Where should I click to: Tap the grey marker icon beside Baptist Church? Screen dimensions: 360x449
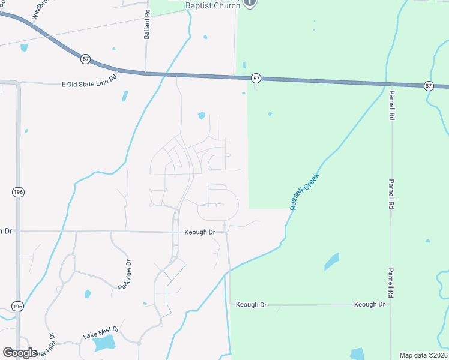point(251,3)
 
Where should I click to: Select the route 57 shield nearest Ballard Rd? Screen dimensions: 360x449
point(86,59)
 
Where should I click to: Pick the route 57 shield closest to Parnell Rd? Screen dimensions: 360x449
point(428,86)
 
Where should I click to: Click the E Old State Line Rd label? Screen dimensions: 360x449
point(89,85)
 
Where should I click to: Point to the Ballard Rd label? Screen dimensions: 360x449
point(147,25)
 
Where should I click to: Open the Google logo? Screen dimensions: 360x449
point(20,353)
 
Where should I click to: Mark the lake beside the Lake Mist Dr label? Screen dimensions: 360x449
point(104,343)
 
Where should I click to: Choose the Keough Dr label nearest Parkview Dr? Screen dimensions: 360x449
point(200,232)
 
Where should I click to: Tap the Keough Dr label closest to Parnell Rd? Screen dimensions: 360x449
point(369,304)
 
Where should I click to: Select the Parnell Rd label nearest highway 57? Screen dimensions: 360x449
point(391,106)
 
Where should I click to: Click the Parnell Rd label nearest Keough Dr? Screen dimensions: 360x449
point(391,283)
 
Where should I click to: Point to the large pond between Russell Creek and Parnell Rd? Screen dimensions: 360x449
point(331,261)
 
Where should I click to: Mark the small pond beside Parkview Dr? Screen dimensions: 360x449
point(88,294)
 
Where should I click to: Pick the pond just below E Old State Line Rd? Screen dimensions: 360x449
point(125,96)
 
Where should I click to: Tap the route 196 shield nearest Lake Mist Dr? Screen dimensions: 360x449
point(18,306)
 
